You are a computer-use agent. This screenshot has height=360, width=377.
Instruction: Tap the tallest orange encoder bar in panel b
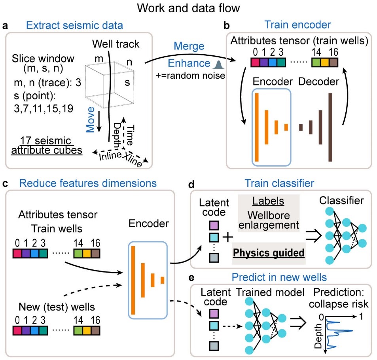coord(257,127)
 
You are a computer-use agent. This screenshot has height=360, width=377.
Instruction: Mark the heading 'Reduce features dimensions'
coord(88,183)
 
